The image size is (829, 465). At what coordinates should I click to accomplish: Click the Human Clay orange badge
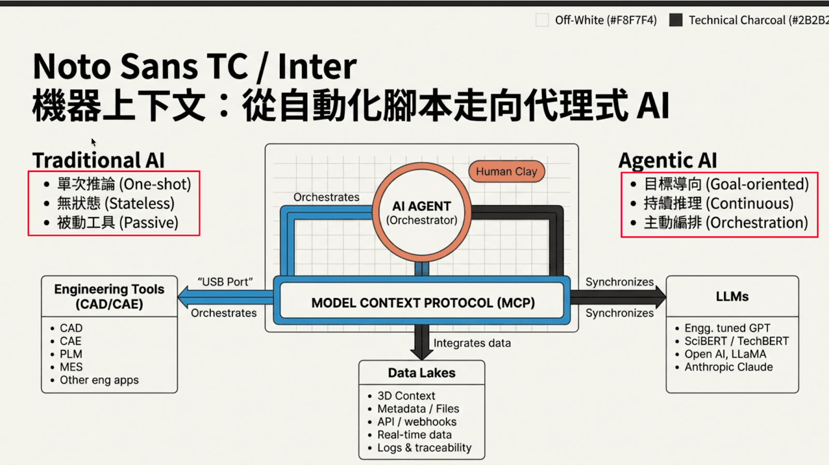tap(506, 172)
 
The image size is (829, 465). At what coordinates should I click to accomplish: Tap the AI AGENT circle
tap(422, 213)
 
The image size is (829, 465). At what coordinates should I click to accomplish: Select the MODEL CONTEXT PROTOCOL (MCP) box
tap(422, 303)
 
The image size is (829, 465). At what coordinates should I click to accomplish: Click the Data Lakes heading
tap(422, 373)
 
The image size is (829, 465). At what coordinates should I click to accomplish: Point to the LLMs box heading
tap(732, 297)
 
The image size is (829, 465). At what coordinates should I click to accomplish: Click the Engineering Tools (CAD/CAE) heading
tap(109, 297)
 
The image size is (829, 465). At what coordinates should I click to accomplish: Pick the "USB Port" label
tap(225, 282)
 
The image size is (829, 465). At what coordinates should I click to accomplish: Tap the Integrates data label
tap(472, 343)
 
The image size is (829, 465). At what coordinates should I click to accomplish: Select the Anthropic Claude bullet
tap(728, 367)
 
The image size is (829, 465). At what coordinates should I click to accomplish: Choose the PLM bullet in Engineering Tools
tap(71, 354)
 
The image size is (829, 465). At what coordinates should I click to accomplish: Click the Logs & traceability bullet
tap(424, 448)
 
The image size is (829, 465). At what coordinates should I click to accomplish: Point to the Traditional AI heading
tap(98, 160)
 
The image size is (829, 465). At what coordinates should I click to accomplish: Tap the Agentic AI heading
tap(668, 160)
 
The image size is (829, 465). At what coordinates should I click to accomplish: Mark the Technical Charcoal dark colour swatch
tap(676, 20)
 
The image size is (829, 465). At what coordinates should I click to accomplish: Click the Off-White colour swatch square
tap(542, 20)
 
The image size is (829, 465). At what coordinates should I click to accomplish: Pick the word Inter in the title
tap(317, 66)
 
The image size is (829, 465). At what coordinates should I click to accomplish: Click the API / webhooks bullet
tap(417, 422)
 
